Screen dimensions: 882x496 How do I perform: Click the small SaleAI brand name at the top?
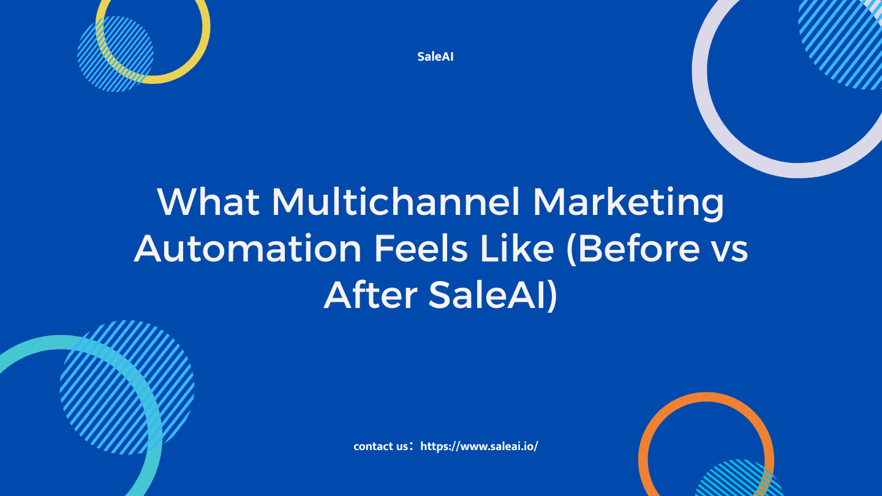coord(435,57)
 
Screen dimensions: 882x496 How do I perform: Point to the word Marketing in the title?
coord(628,205)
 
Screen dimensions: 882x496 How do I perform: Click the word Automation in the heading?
coord(247,249)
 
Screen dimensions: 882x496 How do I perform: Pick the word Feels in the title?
coord(421,248)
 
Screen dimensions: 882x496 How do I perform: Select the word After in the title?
coord(371,295)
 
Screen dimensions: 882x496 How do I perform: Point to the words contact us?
coord(380,446)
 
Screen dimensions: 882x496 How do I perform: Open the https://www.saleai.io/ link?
coord(479,446)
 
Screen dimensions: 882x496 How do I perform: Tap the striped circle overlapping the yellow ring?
coord(115,54)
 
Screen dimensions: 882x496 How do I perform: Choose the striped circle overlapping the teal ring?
coord(127,388)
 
